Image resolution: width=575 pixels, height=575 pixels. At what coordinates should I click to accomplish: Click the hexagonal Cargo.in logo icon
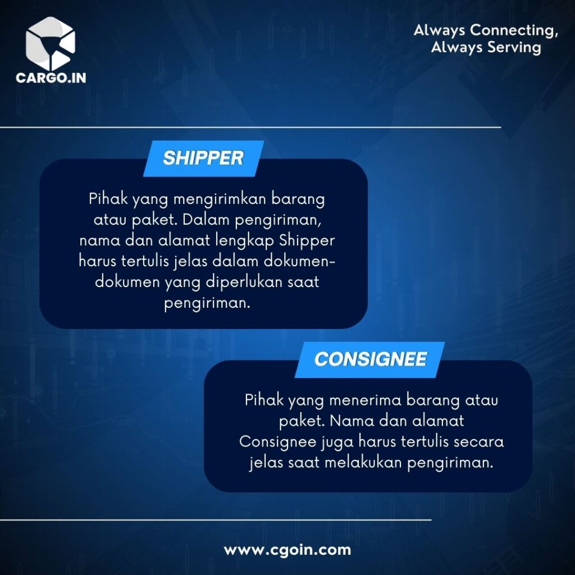51,43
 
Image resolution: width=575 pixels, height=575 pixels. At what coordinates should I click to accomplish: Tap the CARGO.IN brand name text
51,77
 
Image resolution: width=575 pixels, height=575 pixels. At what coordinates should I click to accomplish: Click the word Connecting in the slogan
514,30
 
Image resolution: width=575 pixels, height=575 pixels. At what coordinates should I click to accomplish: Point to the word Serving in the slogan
517,47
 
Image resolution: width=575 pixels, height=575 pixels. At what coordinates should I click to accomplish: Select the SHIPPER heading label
203,158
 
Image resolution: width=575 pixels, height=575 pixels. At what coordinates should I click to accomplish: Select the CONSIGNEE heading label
371,359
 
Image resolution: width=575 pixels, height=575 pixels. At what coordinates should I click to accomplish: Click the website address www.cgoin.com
287,550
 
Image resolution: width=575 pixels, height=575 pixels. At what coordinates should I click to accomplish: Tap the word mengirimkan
220,199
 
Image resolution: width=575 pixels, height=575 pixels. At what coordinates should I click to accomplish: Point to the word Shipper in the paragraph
307,241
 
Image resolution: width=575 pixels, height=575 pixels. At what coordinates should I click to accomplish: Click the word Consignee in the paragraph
277,441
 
